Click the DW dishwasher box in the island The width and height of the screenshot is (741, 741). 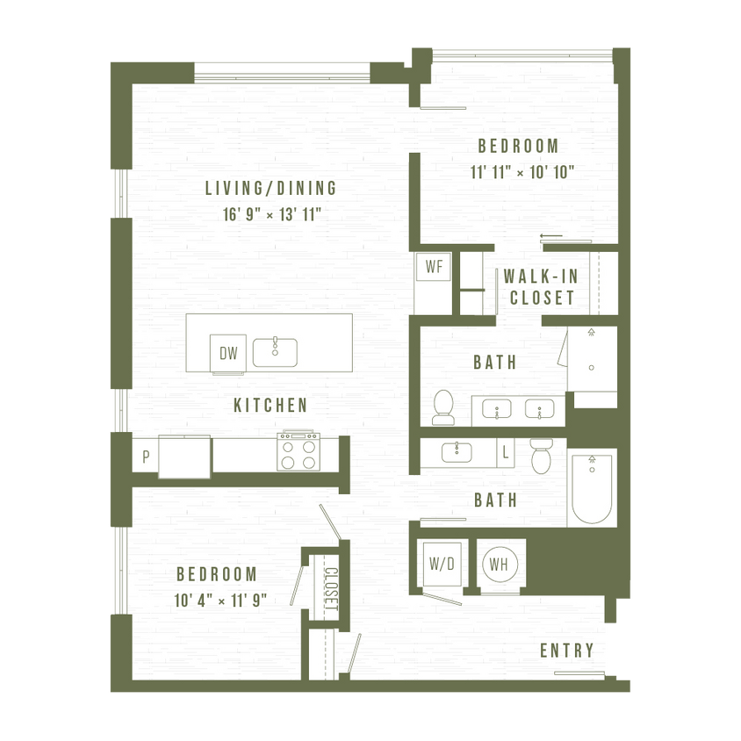click(x=228, y=354)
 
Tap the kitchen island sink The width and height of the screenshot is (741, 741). click(x=275, y=352)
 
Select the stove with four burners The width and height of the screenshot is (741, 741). click(x=299, y=452)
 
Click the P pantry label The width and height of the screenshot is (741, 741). click(x=146, y=457)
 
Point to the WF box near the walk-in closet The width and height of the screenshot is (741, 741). click(x=434, y=268)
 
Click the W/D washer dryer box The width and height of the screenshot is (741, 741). click(x=441, y=563)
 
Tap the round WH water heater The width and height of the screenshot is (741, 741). click(x=499, y=563)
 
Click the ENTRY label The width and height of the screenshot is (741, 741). click(x=566, y=651)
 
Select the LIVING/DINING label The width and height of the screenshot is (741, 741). click(x=270, y=188)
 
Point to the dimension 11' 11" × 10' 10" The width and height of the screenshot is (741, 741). click(x=522, y=172)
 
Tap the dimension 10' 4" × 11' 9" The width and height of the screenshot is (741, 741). click(x=219, y=601)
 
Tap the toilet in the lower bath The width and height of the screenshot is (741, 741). click(x=540, y=456)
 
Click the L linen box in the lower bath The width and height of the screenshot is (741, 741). click(x=505, y=454)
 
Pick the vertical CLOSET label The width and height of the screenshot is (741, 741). click(x=331, y=590)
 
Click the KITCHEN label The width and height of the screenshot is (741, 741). click(x=270, y=406)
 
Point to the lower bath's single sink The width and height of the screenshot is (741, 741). click(x=457, y=452)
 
